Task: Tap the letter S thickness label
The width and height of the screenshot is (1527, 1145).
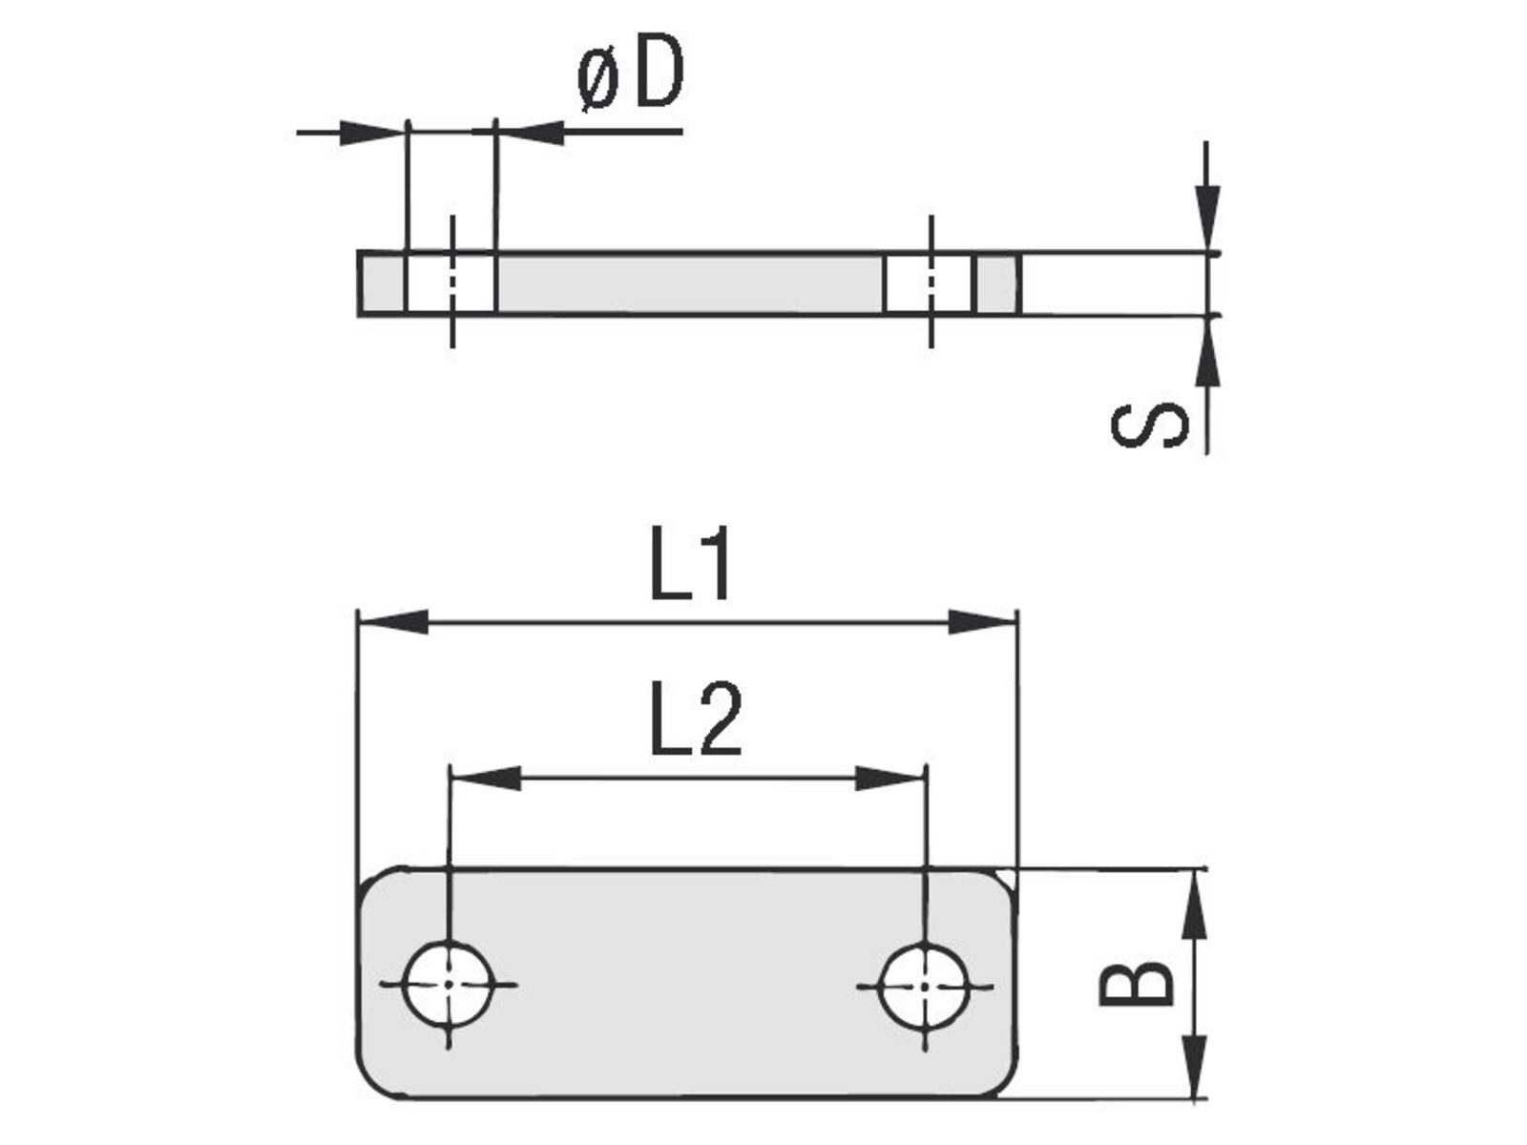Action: pyautogui.click(x=1150, y=425)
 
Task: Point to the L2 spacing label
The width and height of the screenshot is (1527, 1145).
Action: pyautogui.click(x=695, y=719)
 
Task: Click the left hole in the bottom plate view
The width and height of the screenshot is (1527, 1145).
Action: pyautogui.click(x=449, y=984)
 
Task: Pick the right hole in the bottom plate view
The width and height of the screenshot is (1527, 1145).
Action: pyautogui.click(x=924, y=984)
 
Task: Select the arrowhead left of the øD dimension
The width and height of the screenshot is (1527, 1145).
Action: pyautogui.click(x=372, y=132)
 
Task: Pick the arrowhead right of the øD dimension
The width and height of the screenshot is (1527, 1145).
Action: pyautogui.click(x=531, y=132)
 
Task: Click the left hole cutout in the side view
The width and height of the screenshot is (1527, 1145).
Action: pyautogui.click(x=450, y=283)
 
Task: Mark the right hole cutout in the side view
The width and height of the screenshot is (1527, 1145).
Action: pyautogui.click(x=929, y=283)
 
